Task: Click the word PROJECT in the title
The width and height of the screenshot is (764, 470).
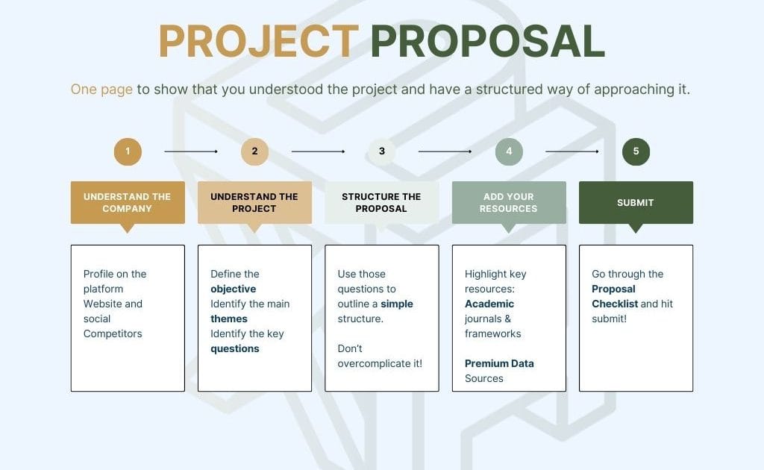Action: tap(259, 41)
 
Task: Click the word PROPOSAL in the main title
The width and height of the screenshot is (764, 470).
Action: tap(488, 41)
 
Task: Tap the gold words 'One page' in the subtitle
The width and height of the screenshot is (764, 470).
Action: tap(101, 90)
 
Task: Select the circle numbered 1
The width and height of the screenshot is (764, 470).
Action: tap(128, 151)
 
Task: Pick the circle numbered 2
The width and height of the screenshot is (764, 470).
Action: tap(255, 151)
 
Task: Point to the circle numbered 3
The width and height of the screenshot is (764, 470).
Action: tap(382, 151)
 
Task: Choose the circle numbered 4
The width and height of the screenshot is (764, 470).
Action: tap(509, 151)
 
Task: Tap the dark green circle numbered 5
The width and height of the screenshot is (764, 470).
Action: tap(636, 151)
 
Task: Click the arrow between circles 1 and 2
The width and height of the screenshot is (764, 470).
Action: tap(191, 151)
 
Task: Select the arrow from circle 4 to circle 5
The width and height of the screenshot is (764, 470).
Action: tap(572, 151)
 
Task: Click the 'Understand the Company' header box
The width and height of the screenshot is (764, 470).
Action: tap(128, 203)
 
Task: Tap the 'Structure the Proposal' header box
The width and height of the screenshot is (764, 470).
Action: tap(382, 203)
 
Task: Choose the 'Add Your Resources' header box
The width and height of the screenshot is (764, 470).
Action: tap(509, 203)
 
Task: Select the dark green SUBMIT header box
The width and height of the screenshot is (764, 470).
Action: tap(636, 203)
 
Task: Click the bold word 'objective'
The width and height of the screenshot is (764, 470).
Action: tap(234, 289)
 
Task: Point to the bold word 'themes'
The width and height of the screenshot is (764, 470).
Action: tap(229, 319)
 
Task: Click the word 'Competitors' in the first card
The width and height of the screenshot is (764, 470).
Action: tap(113, 334)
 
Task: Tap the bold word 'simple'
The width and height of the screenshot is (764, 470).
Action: tap(397, 304)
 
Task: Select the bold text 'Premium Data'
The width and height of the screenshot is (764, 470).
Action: tap(499, 363)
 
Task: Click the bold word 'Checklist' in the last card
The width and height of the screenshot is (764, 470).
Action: tap(615, 304)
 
